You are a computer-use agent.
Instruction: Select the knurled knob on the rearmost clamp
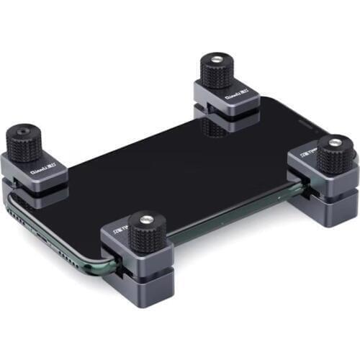pyautogui.click(x=216, y=72)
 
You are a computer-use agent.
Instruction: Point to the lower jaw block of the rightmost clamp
pyautogui.click(x=331, y=211)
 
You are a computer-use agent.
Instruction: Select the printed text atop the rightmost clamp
pyautogui.click(x=310, y=154)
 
